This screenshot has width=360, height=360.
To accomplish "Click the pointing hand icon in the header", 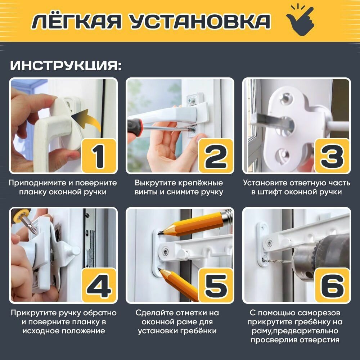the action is click(x=301, y=21).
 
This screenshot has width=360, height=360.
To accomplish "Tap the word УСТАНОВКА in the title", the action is click(x=199, y=21).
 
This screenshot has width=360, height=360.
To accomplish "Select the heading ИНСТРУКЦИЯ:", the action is click(x=66, y=66).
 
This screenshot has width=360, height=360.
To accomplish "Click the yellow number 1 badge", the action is click(x=99, y=156).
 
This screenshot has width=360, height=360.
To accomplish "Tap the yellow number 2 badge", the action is click(x=216, y=156).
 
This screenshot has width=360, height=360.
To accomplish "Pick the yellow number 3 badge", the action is click(x=332, y=156).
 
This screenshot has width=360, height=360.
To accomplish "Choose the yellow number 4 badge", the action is click(x=99, y=285).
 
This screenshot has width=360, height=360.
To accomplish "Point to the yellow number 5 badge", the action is click(x=216, y=285).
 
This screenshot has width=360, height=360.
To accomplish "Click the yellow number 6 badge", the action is click(x=332, y=285).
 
